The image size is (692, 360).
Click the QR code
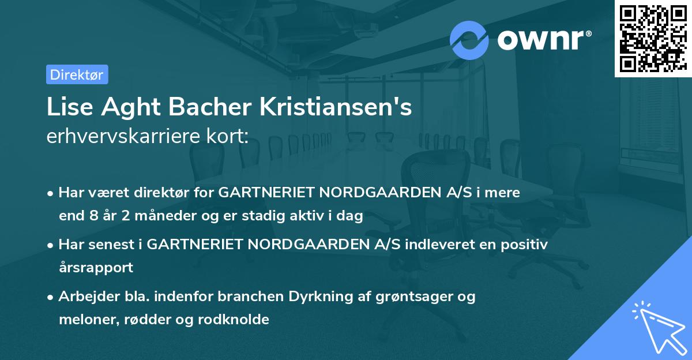tap(652, 39)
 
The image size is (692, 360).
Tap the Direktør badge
tap(76, 74)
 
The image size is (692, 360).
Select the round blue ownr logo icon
tap(469, 40)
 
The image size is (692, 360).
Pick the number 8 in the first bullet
tap(95, 216)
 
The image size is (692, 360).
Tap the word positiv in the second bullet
tap(522, 245)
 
